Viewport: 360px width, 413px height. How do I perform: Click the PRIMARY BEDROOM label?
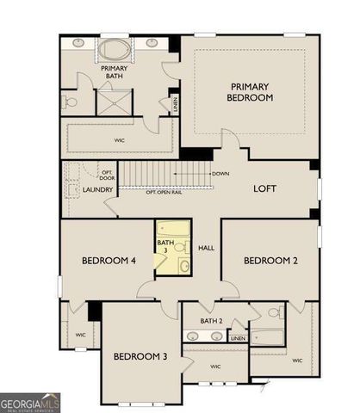[x=251, y=92]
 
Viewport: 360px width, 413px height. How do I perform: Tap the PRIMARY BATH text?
[x=115, y=72]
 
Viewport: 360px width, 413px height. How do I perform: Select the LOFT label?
[x=264, y=188]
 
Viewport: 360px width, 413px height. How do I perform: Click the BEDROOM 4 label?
[x=104, y=260]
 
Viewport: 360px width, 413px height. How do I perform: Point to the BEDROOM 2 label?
[x=270, y=260]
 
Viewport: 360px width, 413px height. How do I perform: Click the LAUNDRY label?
[x=98, y=190]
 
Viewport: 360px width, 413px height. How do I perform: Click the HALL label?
[x=206, y=249]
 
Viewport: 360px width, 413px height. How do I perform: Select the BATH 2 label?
[x=212, y=321]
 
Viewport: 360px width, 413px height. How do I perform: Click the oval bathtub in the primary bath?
[x=115, y=46]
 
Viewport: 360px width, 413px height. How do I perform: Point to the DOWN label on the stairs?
[x=220, y=174]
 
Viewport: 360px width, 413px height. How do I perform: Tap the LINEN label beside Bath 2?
[x=239, y=338]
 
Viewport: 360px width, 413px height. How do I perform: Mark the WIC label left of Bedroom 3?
[x=81, y=335]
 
